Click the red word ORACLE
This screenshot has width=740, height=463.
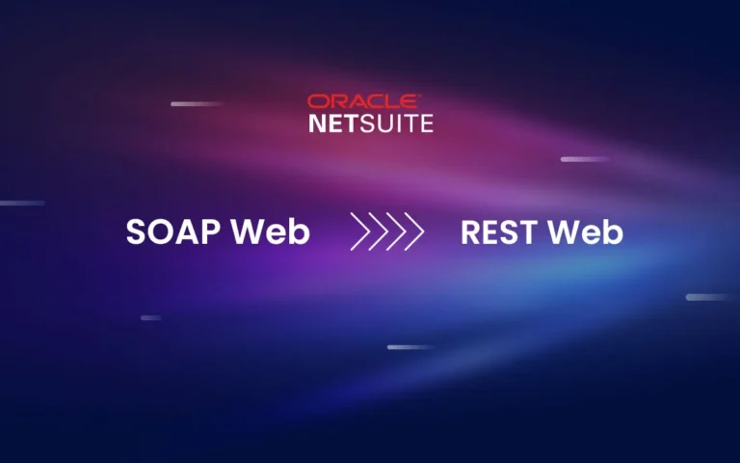(x=363, y=101)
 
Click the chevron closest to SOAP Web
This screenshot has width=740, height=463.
(x=361, y=232)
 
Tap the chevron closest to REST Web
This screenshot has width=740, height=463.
(x=413, y=232)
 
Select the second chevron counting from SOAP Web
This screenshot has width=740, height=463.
(x=379, y=232)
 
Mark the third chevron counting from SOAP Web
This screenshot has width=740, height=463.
(x=396, y=232)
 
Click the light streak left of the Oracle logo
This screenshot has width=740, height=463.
(x=197, y=104)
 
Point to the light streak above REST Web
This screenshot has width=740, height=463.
(x=585, y=159)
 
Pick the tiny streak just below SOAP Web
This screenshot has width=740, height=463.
(x=150, y=317)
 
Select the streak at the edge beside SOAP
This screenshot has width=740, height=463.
(x=21, y=204)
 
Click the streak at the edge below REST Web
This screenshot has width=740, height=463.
(x=708, y=297)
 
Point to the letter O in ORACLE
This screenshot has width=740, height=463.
(x=316, y=101)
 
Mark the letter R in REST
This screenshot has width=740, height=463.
(x=472, y=232)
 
